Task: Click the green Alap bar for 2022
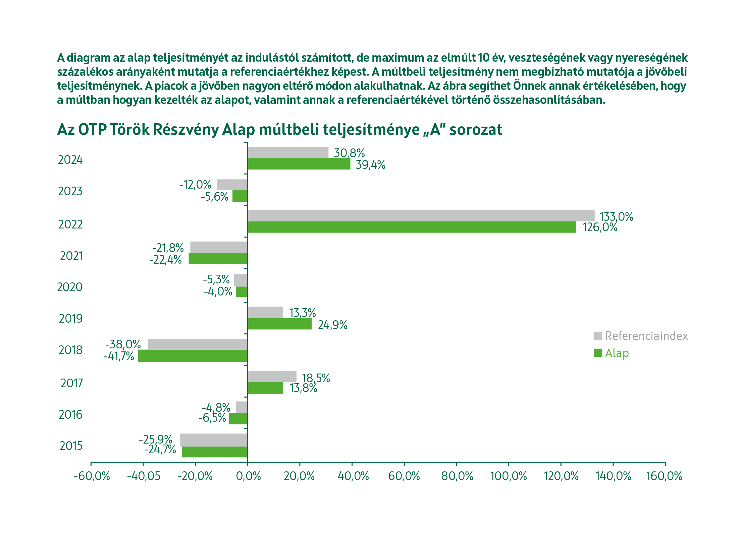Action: [x=412, y=227]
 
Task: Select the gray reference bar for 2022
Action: [x=421, y=215]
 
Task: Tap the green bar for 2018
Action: [x=193, y=356]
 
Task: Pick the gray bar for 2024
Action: [x=288, y=152]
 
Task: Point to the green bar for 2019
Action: [x=279, y=324]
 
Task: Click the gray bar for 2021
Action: [x=219, y=247]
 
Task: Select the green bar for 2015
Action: [x=215, y=452]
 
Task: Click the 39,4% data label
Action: [x=370, y=165]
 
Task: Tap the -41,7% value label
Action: [x=119, y=356]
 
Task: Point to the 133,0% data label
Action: [x=616, y=217]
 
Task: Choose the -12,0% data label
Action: [x=195, y=185]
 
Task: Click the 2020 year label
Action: [x=70, y=287]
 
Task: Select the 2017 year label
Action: [x=71, y=383]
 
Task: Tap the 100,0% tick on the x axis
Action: [x=509, y=476]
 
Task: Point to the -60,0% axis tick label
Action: [x=92, y=476]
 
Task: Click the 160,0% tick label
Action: [x=664, y=476]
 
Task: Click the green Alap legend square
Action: [x=598, y=353]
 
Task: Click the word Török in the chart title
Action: [x=129, y=129]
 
